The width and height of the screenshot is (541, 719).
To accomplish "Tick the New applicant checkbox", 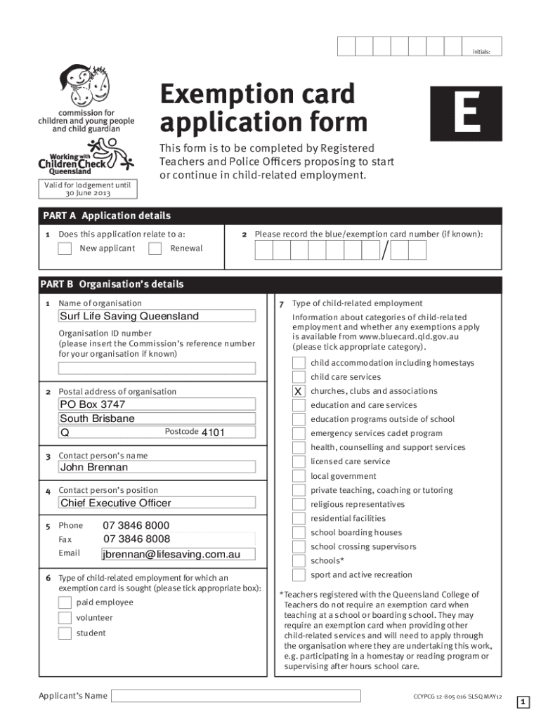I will point(65,249).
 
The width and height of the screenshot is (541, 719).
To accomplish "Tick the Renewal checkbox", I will point(155,249).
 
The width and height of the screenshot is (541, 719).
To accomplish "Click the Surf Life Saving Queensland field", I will point(157,316).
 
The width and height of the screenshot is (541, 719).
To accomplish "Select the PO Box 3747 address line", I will point(157,404).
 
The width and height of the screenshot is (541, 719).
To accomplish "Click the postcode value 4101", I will point(213,433).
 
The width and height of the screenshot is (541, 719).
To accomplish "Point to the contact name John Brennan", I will point(157,467).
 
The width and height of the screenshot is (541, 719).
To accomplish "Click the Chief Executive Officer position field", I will point(157,503).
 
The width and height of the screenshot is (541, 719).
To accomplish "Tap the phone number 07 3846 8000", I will point(136,525).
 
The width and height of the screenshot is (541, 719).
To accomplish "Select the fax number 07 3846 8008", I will point(136,539).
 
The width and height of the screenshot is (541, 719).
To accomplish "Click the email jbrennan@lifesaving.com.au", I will point(171,555).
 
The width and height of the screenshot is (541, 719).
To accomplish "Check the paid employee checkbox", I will point(65,602).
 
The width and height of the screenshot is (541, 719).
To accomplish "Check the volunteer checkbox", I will point(65,618).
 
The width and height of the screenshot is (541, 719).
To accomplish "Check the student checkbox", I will point(65,633).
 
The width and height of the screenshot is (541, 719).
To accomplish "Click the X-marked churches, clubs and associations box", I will point(299,391).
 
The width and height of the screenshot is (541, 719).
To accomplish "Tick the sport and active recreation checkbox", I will point(299,575).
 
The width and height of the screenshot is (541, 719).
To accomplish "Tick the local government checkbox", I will point(299,476).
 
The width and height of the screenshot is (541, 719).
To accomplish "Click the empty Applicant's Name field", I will point(236,696).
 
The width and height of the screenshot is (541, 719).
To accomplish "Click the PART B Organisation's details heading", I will point(112,284).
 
